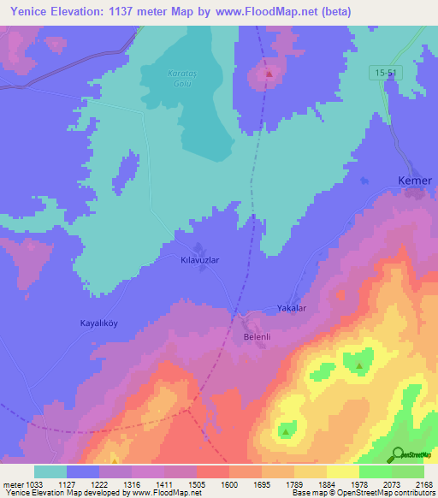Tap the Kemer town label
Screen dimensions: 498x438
[416, 181]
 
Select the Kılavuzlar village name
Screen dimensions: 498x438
[200, 258]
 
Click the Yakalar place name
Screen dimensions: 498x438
[291, 308]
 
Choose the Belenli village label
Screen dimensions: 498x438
[253, 336]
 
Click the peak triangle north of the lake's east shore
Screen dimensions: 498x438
[269, 74]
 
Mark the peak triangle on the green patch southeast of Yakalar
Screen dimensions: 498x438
[358, 366]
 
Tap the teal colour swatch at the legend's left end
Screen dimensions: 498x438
[50, 471]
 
